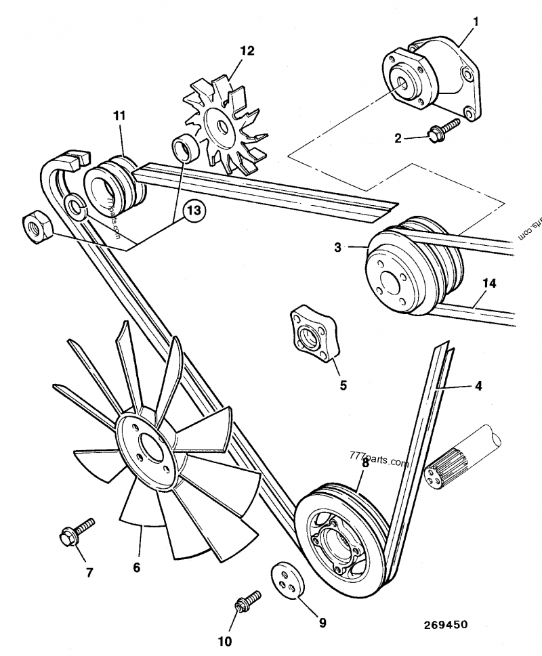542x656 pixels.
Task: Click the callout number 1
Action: point(476,22)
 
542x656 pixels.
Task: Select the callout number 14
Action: point(489,282)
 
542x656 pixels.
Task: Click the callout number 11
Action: point(119,116)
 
